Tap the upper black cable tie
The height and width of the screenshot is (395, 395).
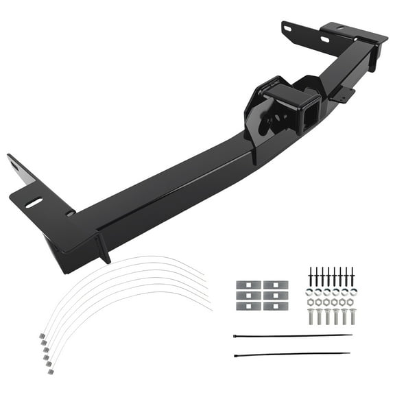[295, 336]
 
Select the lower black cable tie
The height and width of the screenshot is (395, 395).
[295, 355]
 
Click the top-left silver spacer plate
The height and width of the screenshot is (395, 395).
[245, 285]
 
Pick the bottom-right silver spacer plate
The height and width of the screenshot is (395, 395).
[272, 306]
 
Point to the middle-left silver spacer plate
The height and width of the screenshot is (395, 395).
[245, 296]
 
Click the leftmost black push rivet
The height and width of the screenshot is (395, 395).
[311, 277]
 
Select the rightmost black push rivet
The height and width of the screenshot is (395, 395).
[352, 277]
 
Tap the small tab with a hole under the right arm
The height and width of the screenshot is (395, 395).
[343, 94]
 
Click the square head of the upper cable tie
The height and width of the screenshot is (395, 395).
[235, 337]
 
